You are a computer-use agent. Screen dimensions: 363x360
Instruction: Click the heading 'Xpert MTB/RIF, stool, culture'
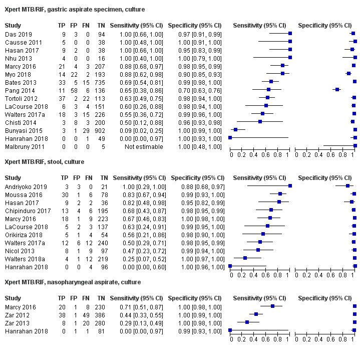pyautogui.click(x=44, y=162)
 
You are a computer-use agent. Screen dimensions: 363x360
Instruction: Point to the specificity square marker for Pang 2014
pyautogui.click(x=337, y=89)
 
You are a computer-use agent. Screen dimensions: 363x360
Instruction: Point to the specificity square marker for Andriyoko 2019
pyautogui.click(x=347, y=186)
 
